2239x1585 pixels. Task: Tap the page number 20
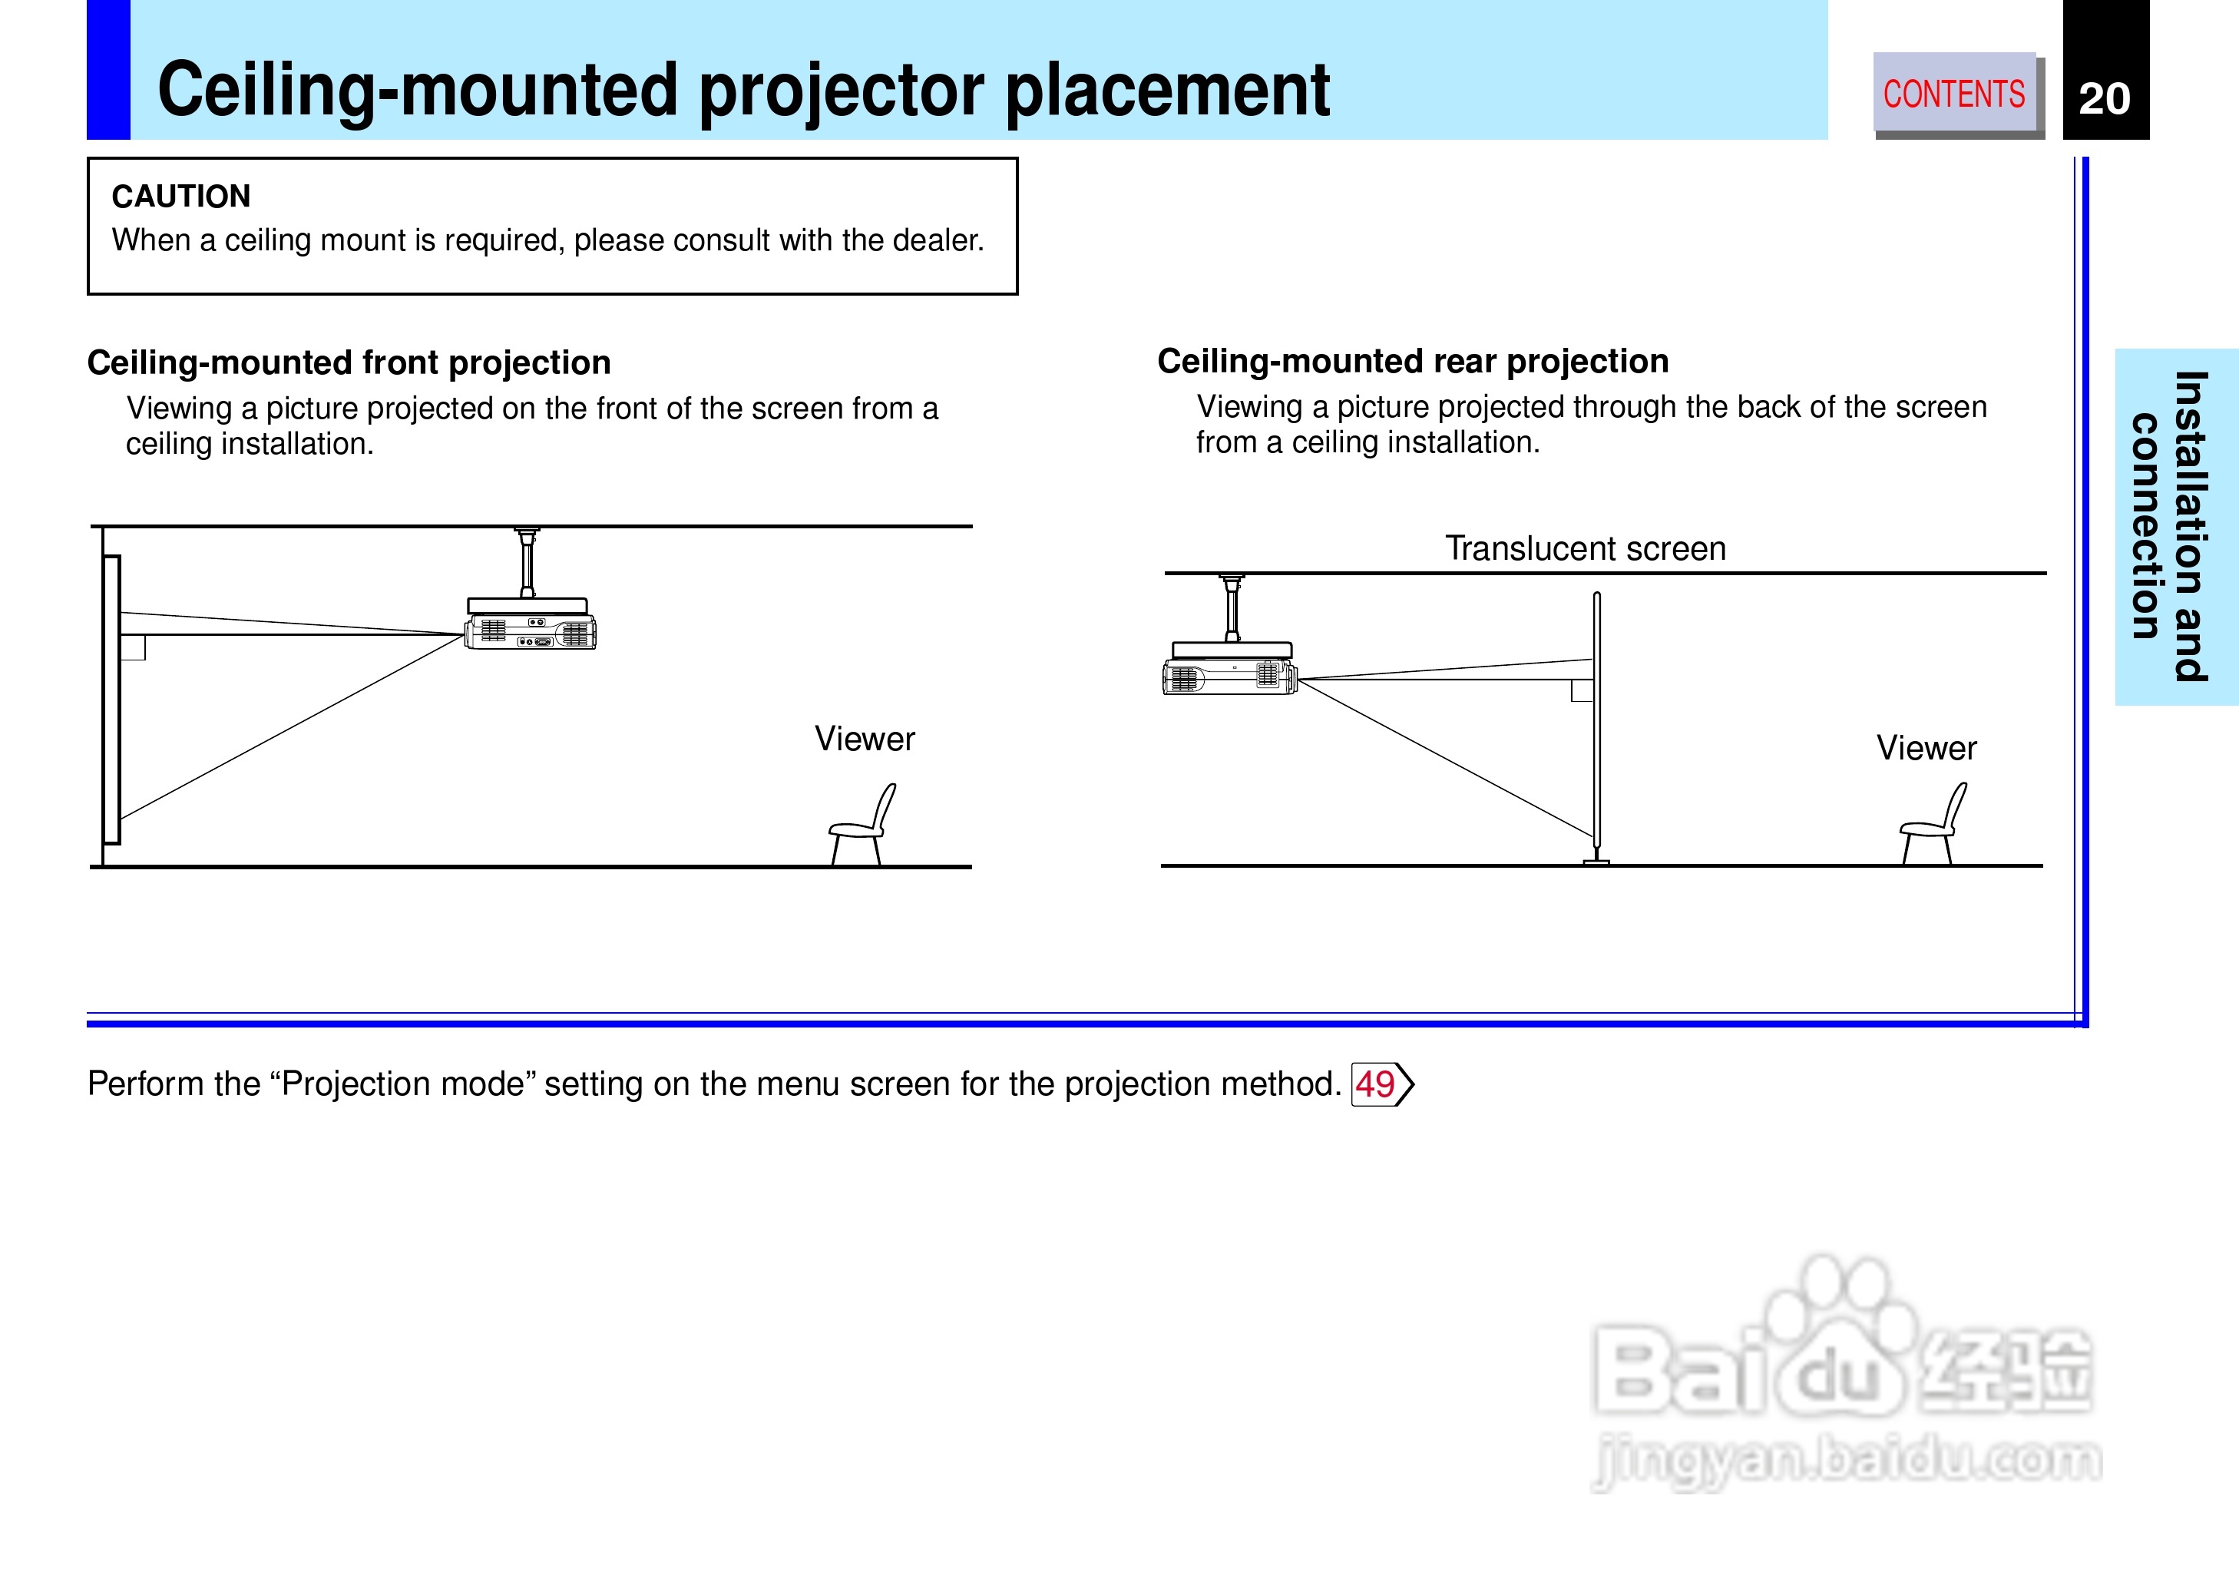tap(2105, 98)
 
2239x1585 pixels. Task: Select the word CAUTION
tap(181, 196)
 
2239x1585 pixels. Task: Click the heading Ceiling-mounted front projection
tap(349, 362)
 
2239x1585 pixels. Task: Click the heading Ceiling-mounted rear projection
tap(1413, 361)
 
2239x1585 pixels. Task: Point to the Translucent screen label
tap(1586, 548)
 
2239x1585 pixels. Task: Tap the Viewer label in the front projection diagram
tap(865, 739)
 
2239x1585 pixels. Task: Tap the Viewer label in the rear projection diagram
tap(1926, 748)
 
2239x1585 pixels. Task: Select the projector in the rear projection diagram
tap(1230, 670)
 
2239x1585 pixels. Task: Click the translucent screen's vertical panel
tap(1597, 722)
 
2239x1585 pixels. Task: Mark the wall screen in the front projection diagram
tap(111, 699)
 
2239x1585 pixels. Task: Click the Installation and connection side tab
tap(2175, 526)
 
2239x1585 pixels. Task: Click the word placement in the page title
tap(1168, 90)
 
